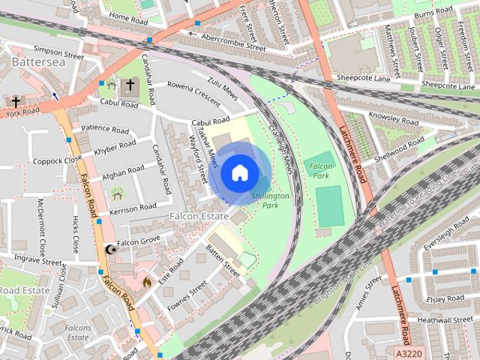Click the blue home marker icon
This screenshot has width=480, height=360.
(x=238, y=173)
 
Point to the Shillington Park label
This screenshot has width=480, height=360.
(x=270, y=199)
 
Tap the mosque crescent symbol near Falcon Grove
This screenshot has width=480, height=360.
(x=110, y=249)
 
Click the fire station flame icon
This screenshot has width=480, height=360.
(x=146, y=282)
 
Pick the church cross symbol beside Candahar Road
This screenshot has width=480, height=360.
(x=130, y=85)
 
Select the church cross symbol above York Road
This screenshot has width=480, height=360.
(x=16, y=101)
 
